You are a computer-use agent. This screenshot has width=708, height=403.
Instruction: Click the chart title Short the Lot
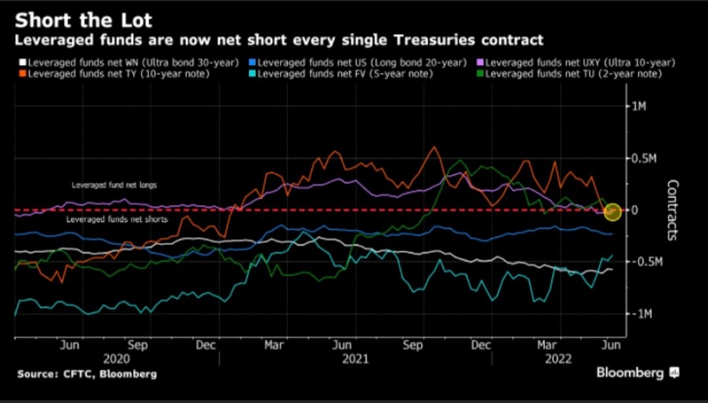[x=85, y=19]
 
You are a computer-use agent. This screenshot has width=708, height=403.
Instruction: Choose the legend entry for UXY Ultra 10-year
[x=580, y=63]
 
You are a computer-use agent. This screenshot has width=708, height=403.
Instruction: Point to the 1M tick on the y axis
[x=638, y=106]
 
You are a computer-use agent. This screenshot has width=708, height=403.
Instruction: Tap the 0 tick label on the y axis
[x=633, y=210]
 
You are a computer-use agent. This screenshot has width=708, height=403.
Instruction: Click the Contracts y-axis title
[x=672, y=210]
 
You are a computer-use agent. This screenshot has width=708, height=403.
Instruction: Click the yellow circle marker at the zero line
[x=612, y=211]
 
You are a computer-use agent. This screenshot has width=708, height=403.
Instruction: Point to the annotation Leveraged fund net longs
[x=114, y=185]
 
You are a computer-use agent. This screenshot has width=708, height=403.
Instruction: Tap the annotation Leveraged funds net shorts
[x=117, y=220]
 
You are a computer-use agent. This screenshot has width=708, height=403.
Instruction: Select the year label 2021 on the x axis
[x=355, y=359]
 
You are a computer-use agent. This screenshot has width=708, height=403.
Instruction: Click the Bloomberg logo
[x=637, y=372]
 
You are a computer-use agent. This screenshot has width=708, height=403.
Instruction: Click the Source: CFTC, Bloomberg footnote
[x=87, y=374]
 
